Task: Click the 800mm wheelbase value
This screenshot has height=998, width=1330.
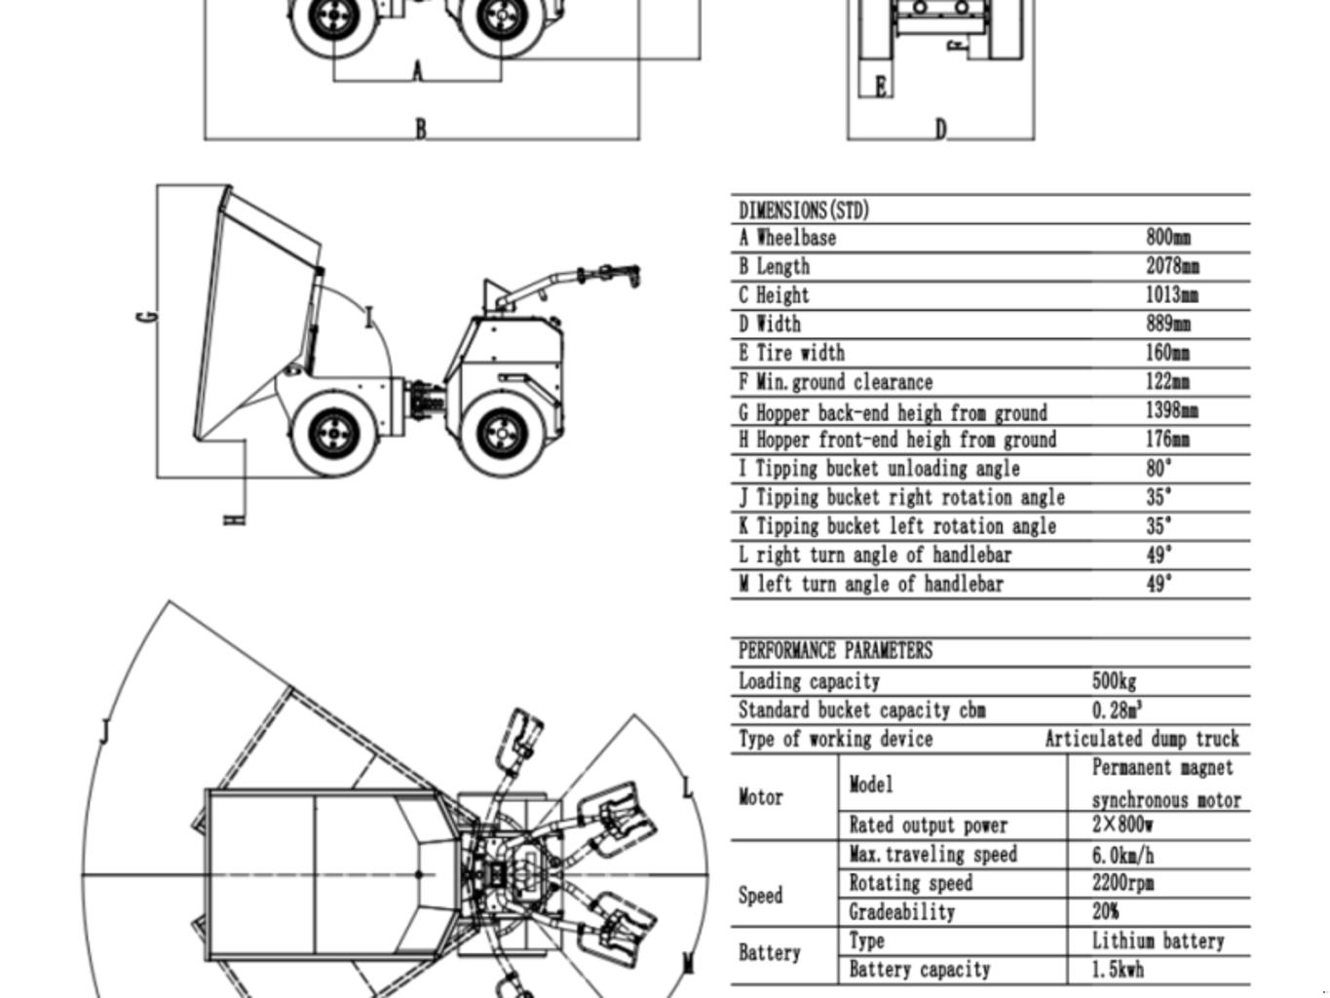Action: [1167, 237]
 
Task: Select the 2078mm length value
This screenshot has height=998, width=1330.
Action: [1172, 266]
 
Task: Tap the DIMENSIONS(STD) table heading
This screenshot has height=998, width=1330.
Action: [804, 211]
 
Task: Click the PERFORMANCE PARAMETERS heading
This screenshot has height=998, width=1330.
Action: [835, 651]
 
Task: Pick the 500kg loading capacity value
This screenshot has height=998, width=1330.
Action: [1114, 681]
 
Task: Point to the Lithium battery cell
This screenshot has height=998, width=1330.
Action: [1158, 941]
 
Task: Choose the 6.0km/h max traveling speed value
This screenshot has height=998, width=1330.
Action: [1122, 855]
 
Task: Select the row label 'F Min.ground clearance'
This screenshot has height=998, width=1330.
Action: [836, 382]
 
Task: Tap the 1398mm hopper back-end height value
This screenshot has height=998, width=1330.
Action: [1172, 410]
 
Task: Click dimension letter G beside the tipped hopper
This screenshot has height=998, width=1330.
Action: [148, 317]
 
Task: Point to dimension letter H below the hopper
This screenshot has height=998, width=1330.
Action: [234, 519]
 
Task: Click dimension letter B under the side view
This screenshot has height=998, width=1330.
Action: [421, 129]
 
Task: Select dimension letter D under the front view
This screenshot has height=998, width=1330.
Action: [940, 129]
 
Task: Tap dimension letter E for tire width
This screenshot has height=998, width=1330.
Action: [881, 87]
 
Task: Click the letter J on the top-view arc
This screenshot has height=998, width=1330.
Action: [104, 731]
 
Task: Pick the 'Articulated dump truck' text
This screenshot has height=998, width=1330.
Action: [1142, 739]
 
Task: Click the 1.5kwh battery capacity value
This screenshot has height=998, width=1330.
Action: [1118, 970]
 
